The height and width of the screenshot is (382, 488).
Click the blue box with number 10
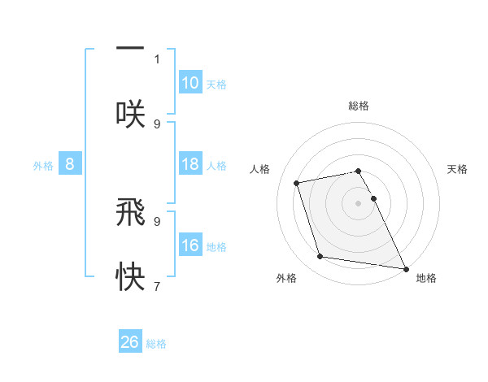pos(190,82)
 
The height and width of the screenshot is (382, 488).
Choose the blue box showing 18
pos(190,163)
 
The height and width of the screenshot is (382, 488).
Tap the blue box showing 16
pos(190,245)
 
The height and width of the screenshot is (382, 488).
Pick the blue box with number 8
pos(70,164)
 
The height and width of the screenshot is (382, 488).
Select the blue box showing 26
pos(130,342)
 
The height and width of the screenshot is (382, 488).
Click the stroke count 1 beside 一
pos(157,59)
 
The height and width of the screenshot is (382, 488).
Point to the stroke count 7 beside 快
pos(157,286)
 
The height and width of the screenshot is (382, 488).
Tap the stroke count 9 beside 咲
pos(157,124)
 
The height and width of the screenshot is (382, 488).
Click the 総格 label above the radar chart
pos(359,106)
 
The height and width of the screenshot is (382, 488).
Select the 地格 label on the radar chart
pos(426,279)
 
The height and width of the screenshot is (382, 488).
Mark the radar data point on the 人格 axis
pos(297,183)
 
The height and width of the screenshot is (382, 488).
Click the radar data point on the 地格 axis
pos(405,267)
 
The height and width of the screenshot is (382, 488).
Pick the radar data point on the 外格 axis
pos(320,257)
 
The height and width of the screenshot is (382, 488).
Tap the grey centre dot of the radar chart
pos(359,202)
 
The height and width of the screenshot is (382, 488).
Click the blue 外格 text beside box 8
pos(42,165)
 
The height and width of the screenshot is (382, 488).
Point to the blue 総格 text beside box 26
pos(156,344)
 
